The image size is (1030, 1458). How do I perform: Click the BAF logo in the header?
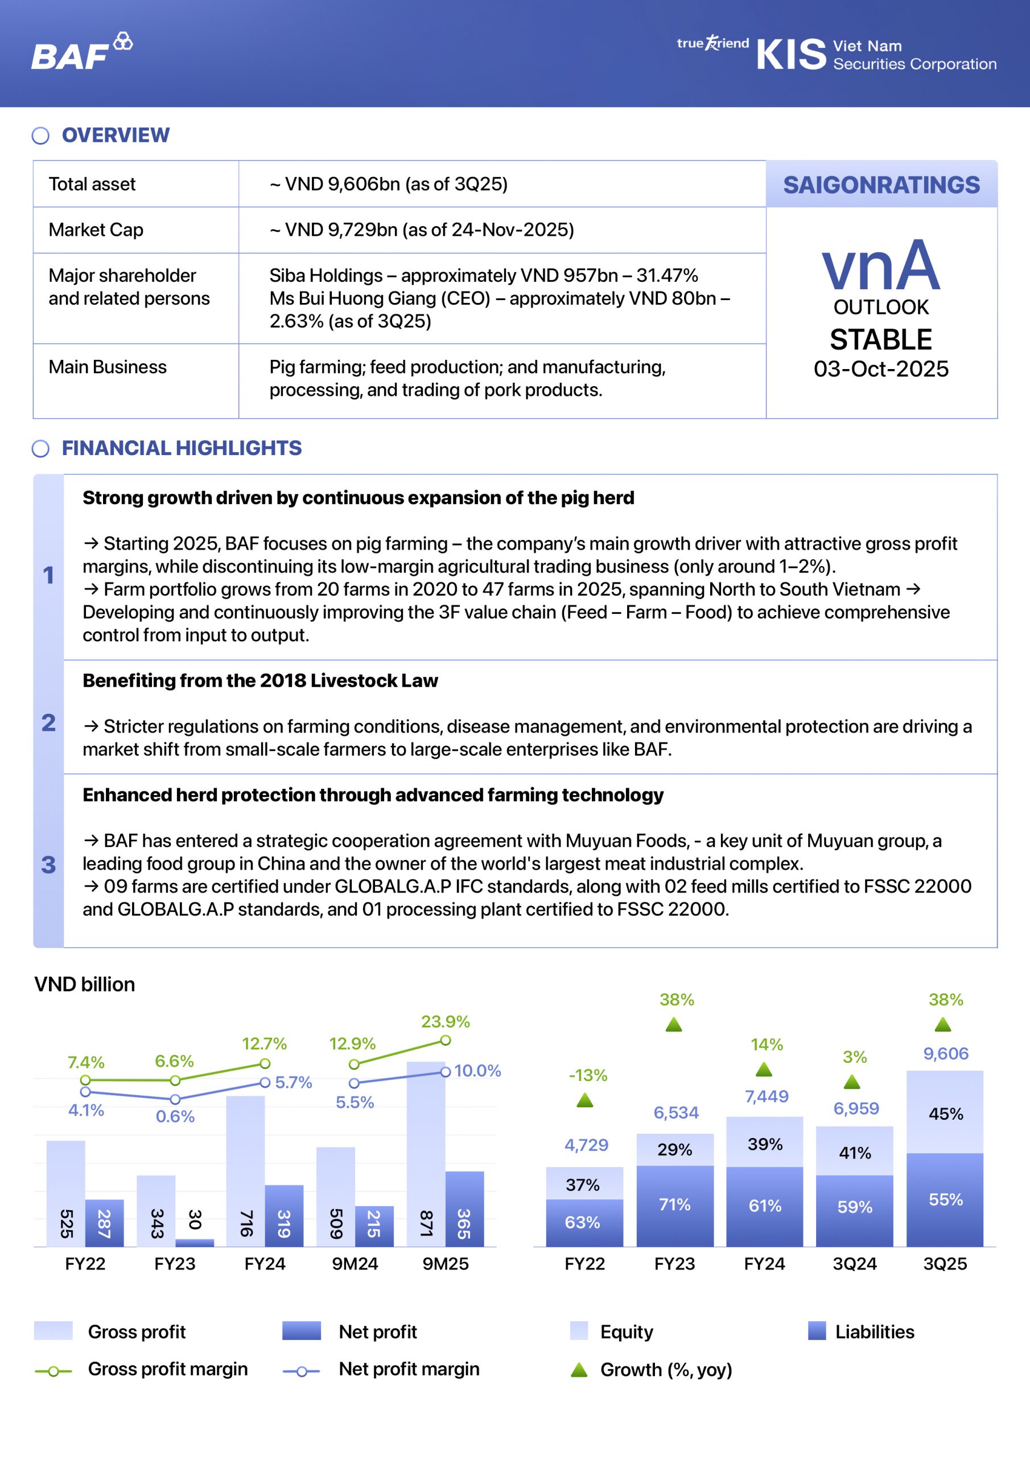(x=81, y=52)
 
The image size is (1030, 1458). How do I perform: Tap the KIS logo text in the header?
(x=791, y=55)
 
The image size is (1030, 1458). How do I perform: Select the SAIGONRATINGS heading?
(x=881, y=185)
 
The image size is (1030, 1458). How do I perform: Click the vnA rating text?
(x=880, y=265)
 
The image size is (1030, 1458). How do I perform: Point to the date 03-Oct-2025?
(x=881, y=369)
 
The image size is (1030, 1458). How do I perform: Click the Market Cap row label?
(x=96, y=230)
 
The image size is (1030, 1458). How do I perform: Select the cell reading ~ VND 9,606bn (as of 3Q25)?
(x=389, y=184)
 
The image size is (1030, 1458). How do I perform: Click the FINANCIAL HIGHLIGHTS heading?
(x=182, y=448)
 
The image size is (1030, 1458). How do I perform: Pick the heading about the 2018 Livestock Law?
(x=260, y=681)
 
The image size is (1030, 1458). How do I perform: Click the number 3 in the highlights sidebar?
(x=48, y=865)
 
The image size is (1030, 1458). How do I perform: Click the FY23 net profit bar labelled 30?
(x=195, y=1242)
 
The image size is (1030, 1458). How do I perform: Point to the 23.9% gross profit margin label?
(x=446, y=1022)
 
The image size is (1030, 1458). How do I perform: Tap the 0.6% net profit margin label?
(x=175, y=1116)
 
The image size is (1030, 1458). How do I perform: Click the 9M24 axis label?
(x=355, y=1264)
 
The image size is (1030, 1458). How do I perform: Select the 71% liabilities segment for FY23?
(x=674, y=1205)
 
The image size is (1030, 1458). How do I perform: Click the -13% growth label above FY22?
(x=588, y=1075)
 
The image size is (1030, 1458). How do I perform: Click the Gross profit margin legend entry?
(x=167, y=1369)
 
